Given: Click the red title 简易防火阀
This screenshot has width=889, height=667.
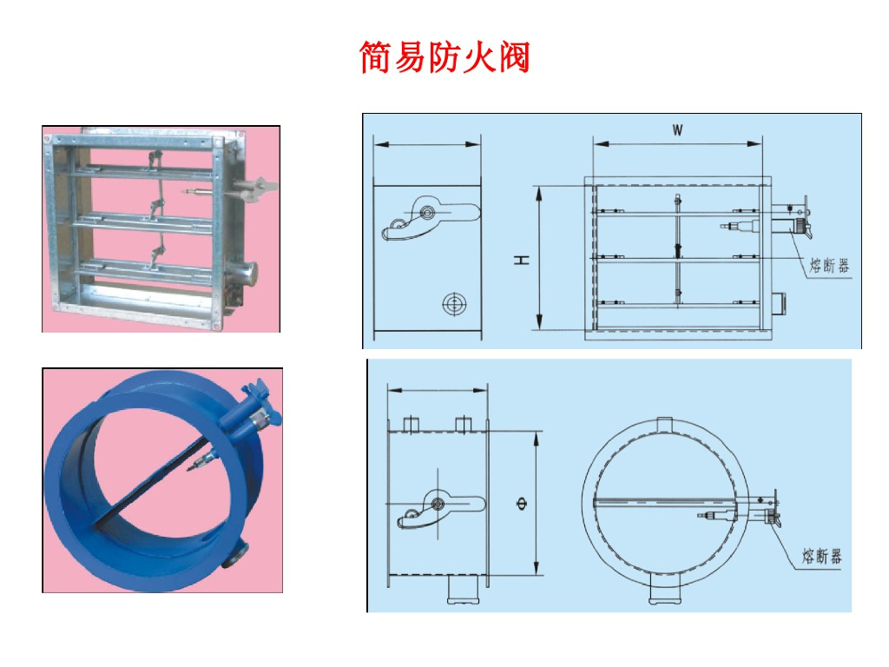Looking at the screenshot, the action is (444, 56).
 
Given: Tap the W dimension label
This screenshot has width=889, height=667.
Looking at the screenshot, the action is (677, 130).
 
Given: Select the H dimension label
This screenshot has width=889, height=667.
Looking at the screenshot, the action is (522, 260).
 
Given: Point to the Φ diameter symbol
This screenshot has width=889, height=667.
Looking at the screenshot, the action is (522, 504).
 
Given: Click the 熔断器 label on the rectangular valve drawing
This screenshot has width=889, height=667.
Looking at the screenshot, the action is (829, 266).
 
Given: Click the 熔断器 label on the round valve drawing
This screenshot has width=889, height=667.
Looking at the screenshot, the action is (821, 556).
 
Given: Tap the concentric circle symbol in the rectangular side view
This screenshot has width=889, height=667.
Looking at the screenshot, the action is (453, 304).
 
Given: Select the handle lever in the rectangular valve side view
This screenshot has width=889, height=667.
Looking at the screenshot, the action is (431, 218).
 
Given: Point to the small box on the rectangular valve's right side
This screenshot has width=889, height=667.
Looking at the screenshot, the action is (777, 303).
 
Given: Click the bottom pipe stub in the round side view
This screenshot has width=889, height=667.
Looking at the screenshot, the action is (464, 590).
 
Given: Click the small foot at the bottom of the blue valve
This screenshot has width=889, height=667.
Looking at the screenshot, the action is (234, 555).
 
